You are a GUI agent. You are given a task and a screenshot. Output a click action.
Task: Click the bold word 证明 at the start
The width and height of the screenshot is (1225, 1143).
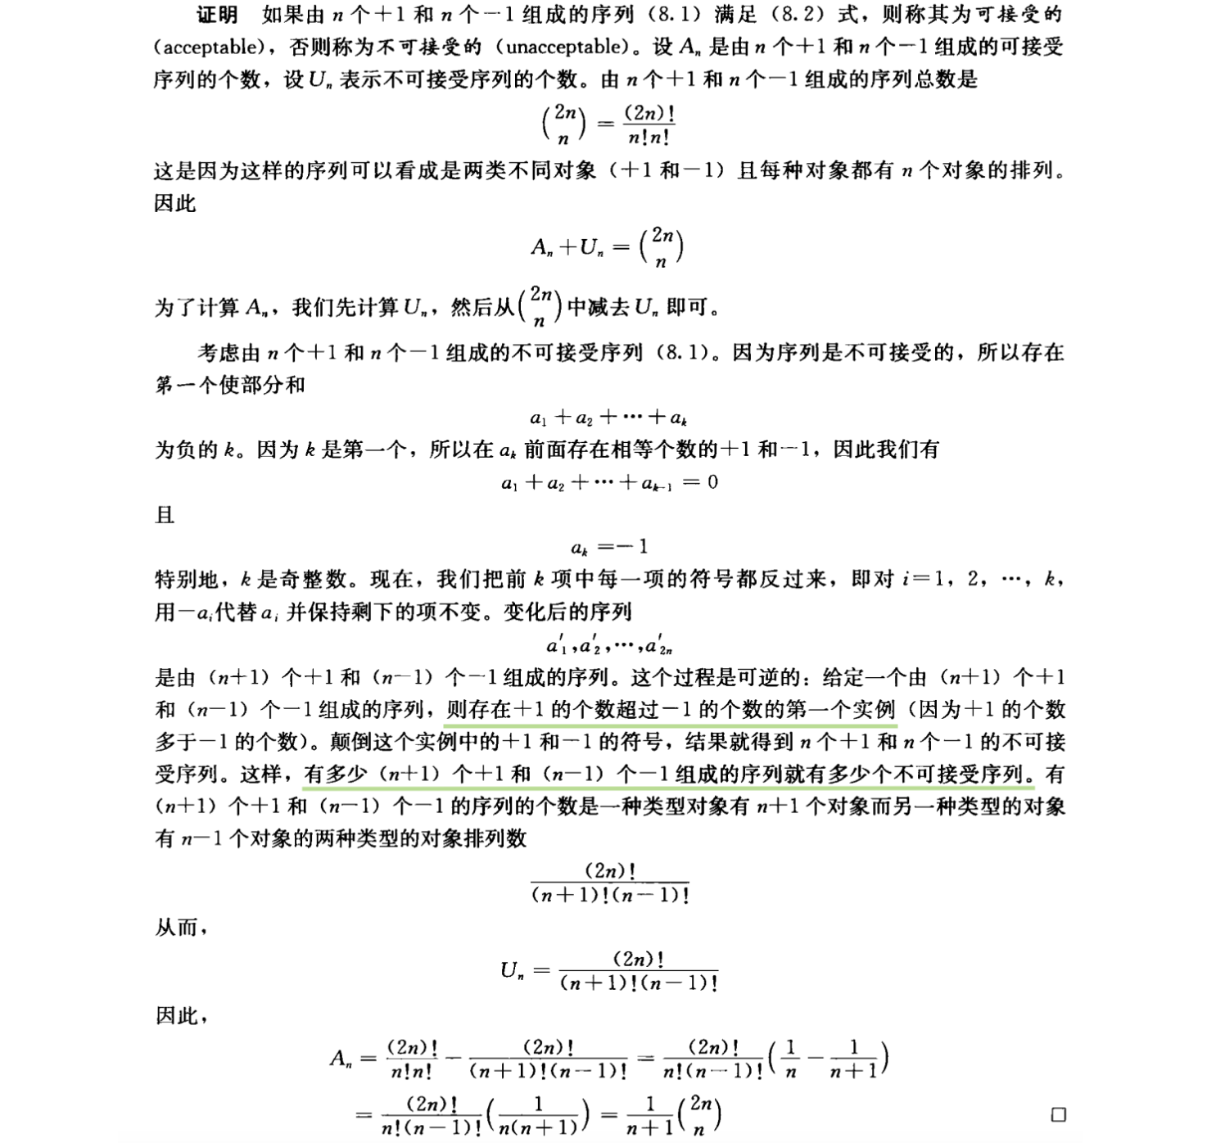click(x=217, y=16)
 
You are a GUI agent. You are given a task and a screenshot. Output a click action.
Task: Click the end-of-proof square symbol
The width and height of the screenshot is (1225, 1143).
click(x=1058, y=1114)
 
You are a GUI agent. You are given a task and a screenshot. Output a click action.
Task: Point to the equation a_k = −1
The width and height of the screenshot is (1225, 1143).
click(x=609, y=547)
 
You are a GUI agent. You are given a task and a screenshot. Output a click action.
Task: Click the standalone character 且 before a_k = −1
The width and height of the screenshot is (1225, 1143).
click(x=165, y=515)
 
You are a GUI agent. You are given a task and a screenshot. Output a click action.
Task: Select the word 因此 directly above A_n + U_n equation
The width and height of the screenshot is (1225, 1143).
click(x=175, y=204)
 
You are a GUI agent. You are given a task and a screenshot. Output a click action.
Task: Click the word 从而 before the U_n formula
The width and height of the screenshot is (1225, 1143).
click(x=177, y=928)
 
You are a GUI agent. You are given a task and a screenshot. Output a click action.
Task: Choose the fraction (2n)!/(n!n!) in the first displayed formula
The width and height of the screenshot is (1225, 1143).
click(x=649, y=126)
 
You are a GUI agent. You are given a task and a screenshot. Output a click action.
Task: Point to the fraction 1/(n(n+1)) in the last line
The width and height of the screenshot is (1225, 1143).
click(x=538, y=1115)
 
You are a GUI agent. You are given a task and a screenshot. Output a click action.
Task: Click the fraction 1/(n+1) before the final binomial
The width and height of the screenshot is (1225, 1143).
click(x=649, y=1115)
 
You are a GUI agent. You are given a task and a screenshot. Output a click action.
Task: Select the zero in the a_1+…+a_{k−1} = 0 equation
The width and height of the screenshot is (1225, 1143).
click(x=712, y=482)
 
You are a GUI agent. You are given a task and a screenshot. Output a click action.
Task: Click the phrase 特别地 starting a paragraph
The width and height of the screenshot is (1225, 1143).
click(x=187, y=580)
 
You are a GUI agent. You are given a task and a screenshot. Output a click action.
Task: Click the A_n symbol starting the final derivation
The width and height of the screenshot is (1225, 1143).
click(x=341, y=1059)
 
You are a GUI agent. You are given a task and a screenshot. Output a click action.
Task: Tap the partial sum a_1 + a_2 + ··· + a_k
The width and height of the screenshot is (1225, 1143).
click(x=608, y=418)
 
